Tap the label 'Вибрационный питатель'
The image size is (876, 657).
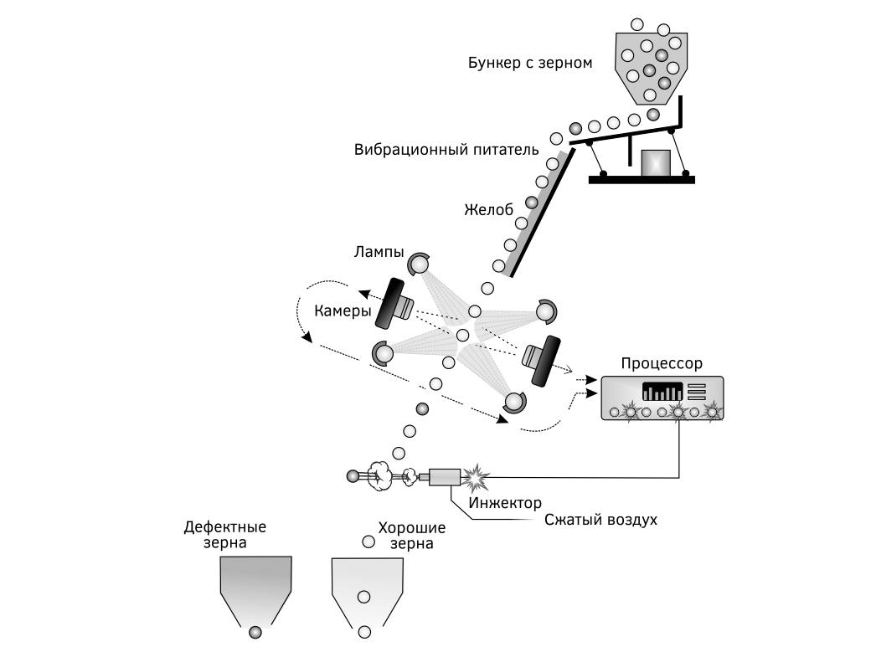coord(452,150)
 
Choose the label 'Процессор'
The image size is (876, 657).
coord(662,363)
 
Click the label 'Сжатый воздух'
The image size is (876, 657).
coord(600,520)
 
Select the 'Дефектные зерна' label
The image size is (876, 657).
coord(224,535)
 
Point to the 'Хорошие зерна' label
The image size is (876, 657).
coord(411,535)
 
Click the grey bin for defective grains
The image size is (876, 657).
coord(255,586)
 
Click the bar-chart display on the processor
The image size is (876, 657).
coord(662,392)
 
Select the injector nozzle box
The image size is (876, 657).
coord(444,476)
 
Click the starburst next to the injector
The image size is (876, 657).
coord(477,477)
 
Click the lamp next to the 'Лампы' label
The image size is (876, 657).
coord(419,264)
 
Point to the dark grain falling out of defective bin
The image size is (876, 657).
coord(255,633)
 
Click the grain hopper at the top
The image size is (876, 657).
coord(651,63)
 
